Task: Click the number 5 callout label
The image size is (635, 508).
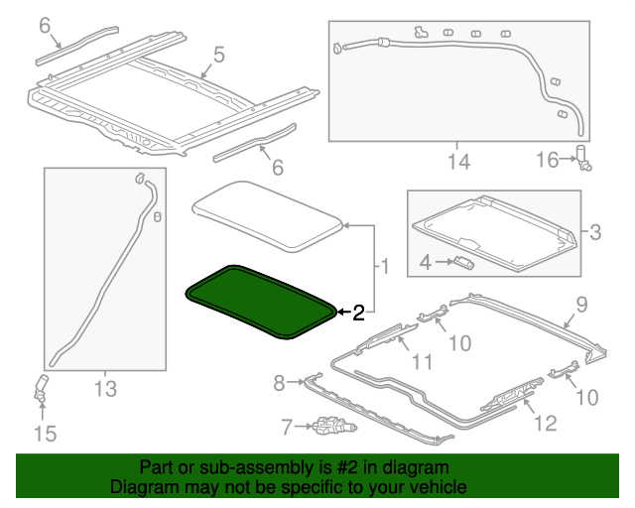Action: (x=219, y=55)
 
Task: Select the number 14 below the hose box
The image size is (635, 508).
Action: (x=458, y=161)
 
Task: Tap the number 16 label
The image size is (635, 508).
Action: (x=549, y=159)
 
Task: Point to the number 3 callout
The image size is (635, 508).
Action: (x=594, y=233)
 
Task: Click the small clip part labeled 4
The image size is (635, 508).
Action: (x=463, y=262)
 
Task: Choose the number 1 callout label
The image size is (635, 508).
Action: (x=382, y=266)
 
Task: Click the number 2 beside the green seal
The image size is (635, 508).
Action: (x=358, y=314)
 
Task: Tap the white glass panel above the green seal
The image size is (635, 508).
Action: (x=266, y=209)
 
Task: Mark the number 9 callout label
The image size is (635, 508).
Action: (x=582, y=305)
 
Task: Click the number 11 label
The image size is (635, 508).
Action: (x=423, y=362)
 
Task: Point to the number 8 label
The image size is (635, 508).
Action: (x=279, y=382)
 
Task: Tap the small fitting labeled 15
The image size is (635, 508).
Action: (x=42, y=390)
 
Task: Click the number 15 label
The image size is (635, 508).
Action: (x=46, y=434)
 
